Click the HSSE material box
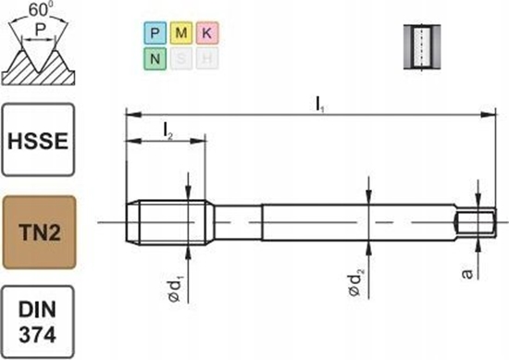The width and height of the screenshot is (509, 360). click(x=37, y=140)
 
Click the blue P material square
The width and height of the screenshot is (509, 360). click(x=154, y=34)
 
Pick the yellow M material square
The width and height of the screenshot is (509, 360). click(x=181, y=34)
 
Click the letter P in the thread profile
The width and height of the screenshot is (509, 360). click(x=38, y=31)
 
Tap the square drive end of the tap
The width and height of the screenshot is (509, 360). click(x=478, y=221)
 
